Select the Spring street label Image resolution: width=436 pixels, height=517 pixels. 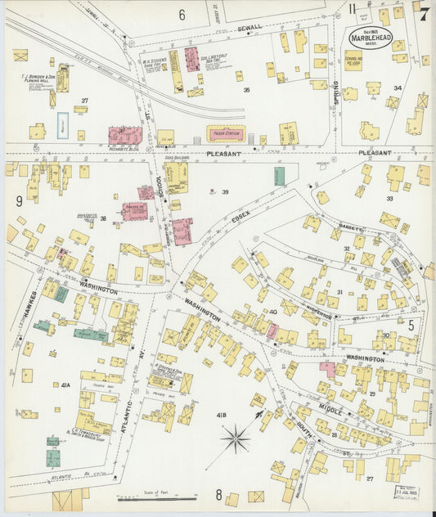tap(335, 97)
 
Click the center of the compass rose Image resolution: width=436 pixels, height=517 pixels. tap(236, 439)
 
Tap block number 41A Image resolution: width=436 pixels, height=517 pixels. tap(65, 384)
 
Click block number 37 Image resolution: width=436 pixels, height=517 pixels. tap(83, 101)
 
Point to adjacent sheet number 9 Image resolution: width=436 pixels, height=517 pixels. tap(17, 200)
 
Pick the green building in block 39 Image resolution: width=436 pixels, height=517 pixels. tap(280, 176)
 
